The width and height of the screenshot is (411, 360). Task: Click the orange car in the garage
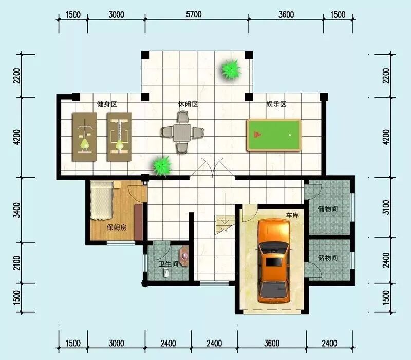pos(274,261)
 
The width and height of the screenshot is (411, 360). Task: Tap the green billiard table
pos(274,135)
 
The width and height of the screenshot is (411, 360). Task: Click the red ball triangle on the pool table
pos(257,135)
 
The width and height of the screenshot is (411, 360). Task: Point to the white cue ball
pos(290,135)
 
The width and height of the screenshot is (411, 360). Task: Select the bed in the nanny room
pos(102,201)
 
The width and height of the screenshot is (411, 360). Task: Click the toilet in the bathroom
pos(165,273)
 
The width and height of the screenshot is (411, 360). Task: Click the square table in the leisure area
pos(182,132)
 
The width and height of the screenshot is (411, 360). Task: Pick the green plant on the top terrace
pos(231,70)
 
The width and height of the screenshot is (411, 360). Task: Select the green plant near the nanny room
pos(162,166)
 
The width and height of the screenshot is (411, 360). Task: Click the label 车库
pos(292,215)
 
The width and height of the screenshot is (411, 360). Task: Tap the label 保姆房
pos(117,228)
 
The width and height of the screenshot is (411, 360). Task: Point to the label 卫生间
pos(169,264)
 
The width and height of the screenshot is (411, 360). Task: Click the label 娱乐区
pos(276,104)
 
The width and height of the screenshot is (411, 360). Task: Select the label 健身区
pos(107,104)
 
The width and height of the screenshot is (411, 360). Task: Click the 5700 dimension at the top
pos(194,14)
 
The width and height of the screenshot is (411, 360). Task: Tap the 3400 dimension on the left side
pos(16,210)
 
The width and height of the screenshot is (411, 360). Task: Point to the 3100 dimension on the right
pos(386,207)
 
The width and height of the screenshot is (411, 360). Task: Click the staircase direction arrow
pos(225,209)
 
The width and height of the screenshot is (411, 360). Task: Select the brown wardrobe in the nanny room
pos(139,222)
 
